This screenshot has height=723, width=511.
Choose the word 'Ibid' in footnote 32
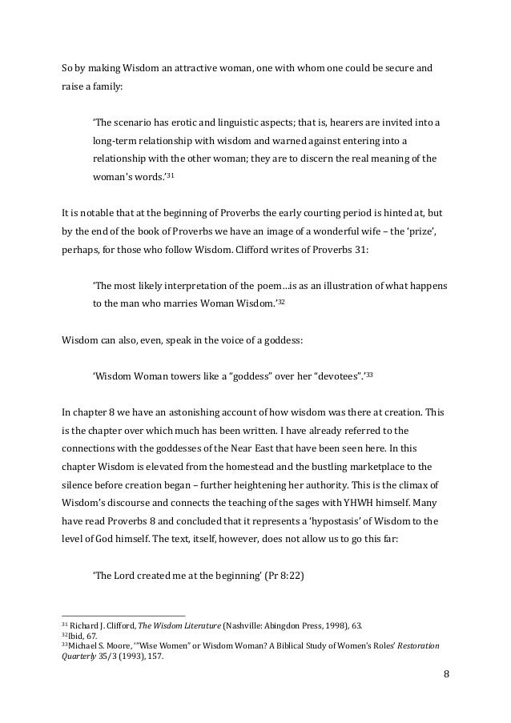pos(76,636)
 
